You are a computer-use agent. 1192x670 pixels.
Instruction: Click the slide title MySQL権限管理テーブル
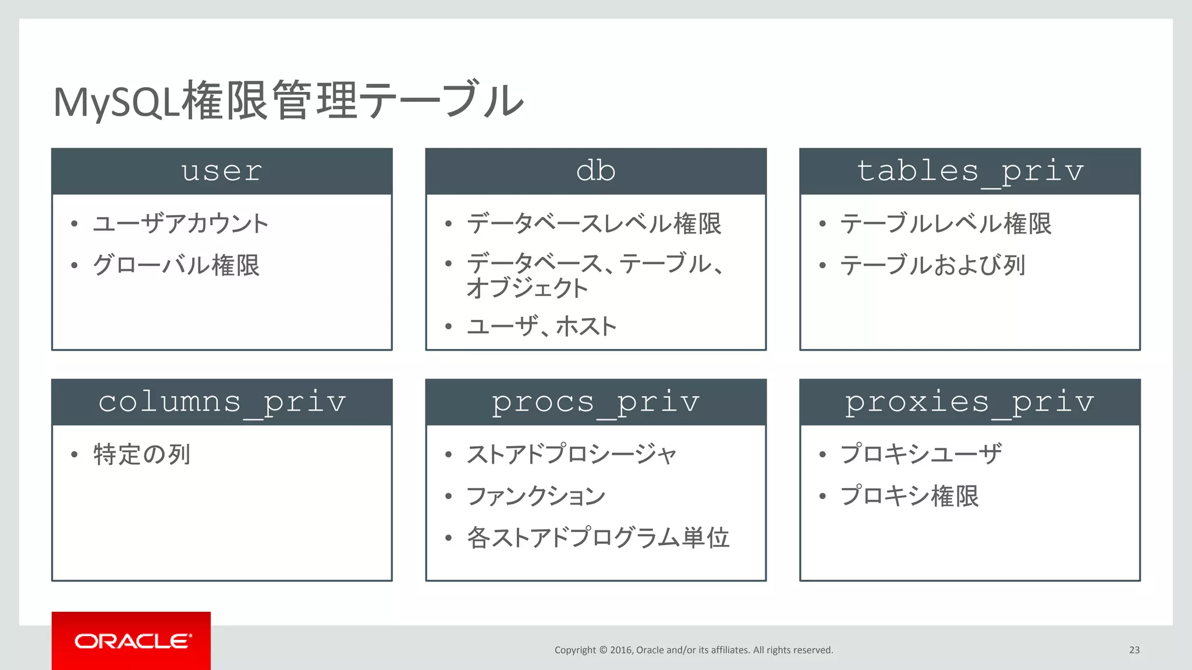(x=288, y=101)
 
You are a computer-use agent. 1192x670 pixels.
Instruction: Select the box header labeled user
(x=222, y=171)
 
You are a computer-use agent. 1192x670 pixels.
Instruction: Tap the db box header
(x=595, y=171)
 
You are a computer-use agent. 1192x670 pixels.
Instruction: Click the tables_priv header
(x=970, y=171)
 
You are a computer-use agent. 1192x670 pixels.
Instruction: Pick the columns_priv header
(x=222, y=402)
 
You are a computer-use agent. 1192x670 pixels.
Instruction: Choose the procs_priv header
(x=595, y=402)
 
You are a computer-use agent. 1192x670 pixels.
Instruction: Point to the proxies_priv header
(x=970, y=402)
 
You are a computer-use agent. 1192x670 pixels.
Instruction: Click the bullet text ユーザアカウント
(x=180, y=224)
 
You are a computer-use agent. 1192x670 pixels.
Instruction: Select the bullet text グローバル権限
(x=176, y=265)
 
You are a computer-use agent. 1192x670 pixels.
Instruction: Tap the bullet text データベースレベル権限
(x=594, y=224)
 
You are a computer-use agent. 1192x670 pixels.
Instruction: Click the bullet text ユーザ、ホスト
(x=541, y=326)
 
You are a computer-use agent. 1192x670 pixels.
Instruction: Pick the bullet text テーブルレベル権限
(x=946, y=224)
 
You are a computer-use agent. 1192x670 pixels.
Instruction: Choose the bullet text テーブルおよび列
(x=932, y=265)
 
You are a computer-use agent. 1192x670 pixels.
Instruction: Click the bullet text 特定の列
(x=142, y=454)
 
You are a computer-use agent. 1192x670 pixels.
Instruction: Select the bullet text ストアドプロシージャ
(x=572, y=454)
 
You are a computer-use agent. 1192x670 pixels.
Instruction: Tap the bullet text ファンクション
(x=536, y=496)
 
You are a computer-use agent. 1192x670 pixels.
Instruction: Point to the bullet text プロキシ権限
(x=909, y=496)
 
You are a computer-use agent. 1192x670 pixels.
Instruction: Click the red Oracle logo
(x=131, y=641)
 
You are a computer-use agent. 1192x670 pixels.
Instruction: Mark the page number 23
(x=1134, y=650)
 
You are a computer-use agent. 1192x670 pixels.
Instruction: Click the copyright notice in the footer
(x=694, y=650)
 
